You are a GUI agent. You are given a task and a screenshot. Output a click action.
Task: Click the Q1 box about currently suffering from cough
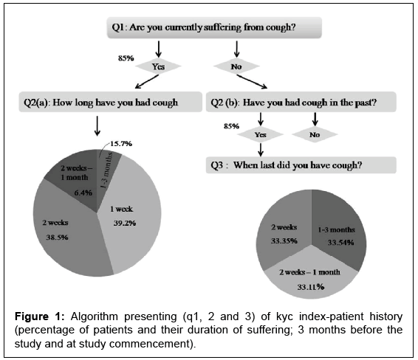click(214, 27)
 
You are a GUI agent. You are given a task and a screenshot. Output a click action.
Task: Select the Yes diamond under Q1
click(158, 66)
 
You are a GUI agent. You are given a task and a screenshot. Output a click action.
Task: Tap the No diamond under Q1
click(236, 66)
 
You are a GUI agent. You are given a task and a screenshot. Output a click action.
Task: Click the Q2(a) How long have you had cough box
click(110, 103)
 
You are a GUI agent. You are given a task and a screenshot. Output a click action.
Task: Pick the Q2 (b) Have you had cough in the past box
click(301, 103)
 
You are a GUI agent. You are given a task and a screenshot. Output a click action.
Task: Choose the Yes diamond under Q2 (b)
click(261, 134)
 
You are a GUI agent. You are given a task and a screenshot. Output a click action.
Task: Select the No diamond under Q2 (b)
click(315, 134)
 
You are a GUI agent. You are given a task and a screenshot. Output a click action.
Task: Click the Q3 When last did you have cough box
click(301, 165)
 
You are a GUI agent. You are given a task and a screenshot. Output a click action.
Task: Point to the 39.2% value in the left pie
click(125, 223)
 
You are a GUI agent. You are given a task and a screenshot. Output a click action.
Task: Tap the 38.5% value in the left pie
click(57, 237)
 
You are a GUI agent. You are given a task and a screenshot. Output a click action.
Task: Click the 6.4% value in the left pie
click(83, 193)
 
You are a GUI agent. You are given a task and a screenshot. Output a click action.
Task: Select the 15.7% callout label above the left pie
click(121, 144)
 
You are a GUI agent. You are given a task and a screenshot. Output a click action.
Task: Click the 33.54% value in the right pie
click(340, 242)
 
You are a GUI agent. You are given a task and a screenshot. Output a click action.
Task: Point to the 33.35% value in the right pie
click(284, 240)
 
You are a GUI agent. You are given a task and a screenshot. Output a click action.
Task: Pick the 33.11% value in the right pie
click(311, 287)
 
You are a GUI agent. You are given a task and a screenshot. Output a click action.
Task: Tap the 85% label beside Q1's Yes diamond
click(126, 58)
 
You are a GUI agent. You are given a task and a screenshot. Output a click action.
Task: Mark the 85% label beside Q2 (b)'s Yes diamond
click(231, 126)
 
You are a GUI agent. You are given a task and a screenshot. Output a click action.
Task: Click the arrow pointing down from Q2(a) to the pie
click(97, 125)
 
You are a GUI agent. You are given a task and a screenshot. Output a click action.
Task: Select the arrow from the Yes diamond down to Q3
click(261, 150)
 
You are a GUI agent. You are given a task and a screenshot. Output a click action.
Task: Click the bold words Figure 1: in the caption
click(39, 316)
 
